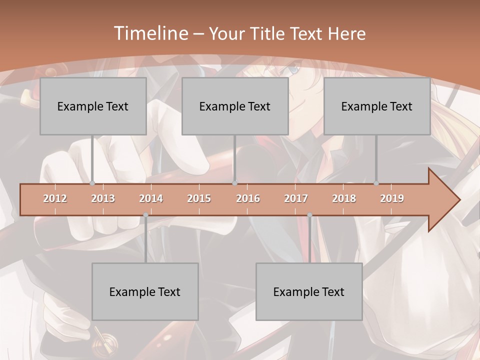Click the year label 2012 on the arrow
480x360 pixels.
[x=55, y=198]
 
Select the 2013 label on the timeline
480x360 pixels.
[x=103, y=198]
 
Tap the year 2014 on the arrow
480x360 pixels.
[x=151, y=198]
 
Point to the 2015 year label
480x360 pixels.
[x=199, y=198]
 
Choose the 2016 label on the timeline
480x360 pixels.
[x=248, y=198]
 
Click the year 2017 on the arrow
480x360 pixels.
[x=296, y=198]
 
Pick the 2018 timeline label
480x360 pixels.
[x=344, y=198]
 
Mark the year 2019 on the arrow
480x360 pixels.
[x=392, y=198]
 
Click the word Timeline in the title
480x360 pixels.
[x=150, y=33]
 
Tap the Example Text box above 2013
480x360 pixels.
[x=93, y=106]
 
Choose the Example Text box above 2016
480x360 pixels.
[x=235, y=106]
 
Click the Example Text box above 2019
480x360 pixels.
[x=377, y=106]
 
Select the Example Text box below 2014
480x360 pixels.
[x=145, y=291]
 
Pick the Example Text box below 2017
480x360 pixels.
[x=309, y=291]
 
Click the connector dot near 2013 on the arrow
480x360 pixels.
[x=92, y=183]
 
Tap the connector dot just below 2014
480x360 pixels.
[x=145, y=215]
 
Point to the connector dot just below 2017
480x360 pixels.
[x=309, y=215]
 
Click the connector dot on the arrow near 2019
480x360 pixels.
[x=376, y=183]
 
